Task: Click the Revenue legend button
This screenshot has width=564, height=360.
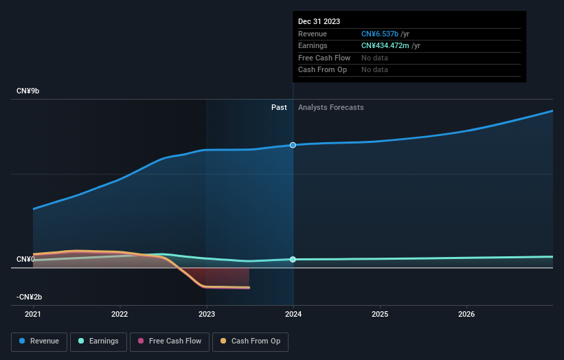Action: tap(39, 341)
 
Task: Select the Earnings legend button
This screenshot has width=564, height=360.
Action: tap(99, 341)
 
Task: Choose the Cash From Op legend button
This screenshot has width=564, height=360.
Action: tap(251, 341)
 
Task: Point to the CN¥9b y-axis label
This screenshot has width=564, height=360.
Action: tap(29, 91)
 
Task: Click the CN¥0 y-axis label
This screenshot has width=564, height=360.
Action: tap(25, 259)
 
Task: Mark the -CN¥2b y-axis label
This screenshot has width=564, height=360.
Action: tap(30, 297)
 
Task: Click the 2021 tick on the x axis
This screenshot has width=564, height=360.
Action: tap(33, 315)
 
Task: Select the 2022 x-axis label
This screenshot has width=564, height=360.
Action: tap(120, 315)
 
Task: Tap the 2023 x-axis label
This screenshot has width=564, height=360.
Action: tap(206, 315)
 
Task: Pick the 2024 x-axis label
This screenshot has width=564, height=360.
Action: tap(293, 315)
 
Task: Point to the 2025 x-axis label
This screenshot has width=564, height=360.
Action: tap(380, 315)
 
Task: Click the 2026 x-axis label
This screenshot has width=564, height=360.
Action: tap(466, 315)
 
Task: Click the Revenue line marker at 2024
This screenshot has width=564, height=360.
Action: tap(293, 145)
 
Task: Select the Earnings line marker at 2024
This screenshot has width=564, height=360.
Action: tap(293, 259)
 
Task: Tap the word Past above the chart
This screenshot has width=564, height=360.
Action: tap(279, 107)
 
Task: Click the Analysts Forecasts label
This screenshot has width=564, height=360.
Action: tap(330, 107)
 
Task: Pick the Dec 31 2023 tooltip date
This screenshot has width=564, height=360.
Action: tap(319, 22)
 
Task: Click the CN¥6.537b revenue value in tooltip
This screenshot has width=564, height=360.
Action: tap(385, 34)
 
